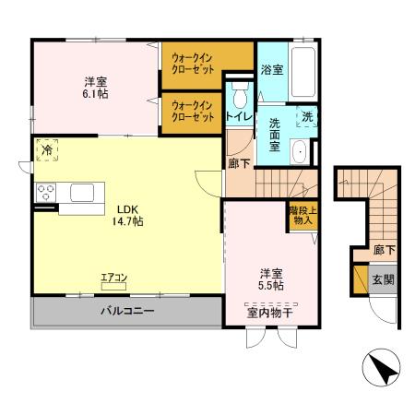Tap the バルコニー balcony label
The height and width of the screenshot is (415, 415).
(x=126, y=312)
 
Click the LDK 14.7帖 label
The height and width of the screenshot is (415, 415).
(x=127, y=215)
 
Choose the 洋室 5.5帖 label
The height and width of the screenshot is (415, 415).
(x=270, y=279)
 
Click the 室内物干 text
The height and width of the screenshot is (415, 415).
(x=270, y=314)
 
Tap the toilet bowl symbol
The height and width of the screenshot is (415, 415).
(x=241, y=96)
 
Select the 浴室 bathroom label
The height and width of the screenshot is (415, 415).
(x=271, y=69)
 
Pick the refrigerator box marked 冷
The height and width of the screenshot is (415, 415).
(x=46, y=148)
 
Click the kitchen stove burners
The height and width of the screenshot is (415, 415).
(x=46, y=193)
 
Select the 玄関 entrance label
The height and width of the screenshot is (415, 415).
(x=382, y=279)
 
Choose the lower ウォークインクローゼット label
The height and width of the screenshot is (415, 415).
(x=194, y=113)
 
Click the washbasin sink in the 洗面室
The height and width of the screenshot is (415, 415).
(x=301, y=152)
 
